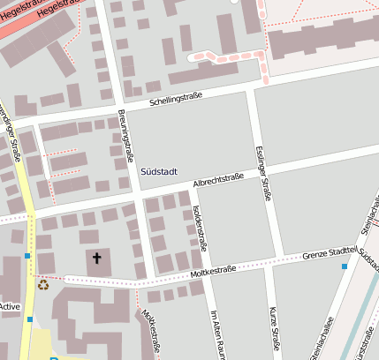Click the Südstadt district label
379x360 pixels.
159,170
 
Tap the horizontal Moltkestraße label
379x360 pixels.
211,270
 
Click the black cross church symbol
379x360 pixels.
96,259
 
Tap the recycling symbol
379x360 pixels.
42,284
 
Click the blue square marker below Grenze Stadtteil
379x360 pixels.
345,266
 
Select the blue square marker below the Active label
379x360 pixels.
29,319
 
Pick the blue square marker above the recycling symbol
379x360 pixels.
27,256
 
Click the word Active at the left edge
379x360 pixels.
10,307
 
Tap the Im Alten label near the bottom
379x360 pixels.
212,332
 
